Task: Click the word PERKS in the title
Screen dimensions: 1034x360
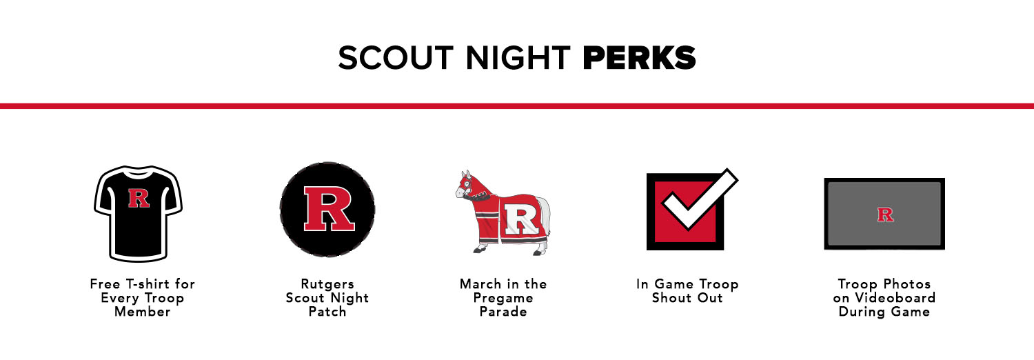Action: point(639,58)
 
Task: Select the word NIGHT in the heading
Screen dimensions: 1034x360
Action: point(518,58)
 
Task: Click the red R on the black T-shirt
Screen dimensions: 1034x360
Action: point(139,198)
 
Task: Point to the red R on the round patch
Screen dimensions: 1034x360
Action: point(329,208)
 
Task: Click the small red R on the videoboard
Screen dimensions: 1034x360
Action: point(885,214)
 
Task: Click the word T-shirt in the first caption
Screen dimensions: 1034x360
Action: point(148,284)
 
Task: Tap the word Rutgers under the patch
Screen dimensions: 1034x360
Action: point(327,284)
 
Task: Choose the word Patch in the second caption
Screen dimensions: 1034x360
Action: point(327,312)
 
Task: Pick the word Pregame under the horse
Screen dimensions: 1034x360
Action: point(503,298)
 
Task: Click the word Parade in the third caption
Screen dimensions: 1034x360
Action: point(503,312)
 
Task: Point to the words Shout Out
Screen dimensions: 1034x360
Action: point(687,298)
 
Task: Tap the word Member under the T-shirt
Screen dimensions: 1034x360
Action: point(143,312)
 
